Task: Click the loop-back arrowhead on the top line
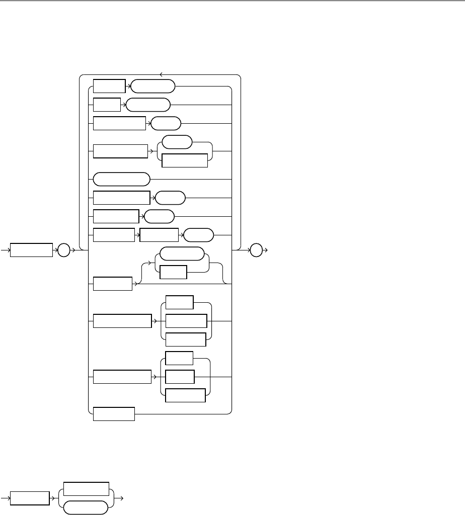160,75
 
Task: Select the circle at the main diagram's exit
256,250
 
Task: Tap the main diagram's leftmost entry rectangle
32,250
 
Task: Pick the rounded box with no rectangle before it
122,179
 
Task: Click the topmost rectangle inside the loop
109,87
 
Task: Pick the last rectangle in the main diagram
114,414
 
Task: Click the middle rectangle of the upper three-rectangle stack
186,321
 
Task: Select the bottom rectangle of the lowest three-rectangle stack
185,395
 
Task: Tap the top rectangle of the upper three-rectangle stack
179,302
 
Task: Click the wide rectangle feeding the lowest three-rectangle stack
122,377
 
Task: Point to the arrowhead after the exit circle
266,250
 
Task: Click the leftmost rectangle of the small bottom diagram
30,499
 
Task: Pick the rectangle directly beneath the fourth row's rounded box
184,160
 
